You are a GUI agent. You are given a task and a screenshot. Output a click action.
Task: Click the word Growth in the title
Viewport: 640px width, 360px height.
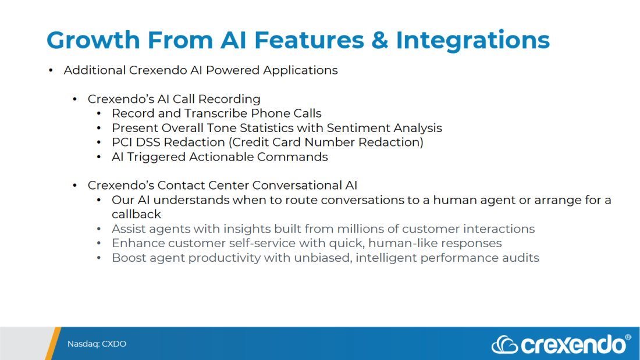tap(93, 40)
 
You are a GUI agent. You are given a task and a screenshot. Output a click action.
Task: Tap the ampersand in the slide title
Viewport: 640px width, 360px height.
tap(379, 40)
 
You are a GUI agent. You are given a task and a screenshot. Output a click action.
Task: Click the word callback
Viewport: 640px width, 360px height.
tap(136, 214)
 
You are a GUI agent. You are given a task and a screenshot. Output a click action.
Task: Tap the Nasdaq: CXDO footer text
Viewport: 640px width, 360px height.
tap(97, 344)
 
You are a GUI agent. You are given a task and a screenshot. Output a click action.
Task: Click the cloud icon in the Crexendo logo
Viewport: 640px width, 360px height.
tap(505, 345)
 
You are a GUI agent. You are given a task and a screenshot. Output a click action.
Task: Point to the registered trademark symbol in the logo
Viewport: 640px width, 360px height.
tap(628, 337)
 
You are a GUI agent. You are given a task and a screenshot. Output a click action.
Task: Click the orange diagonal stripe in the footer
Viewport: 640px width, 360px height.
tap(52, 343)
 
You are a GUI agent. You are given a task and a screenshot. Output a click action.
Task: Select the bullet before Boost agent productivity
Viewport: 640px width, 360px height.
tap(99, 258)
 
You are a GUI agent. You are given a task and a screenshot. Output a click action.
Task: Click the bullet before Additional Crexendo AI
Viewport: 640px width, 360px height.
tap(51, 70)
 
